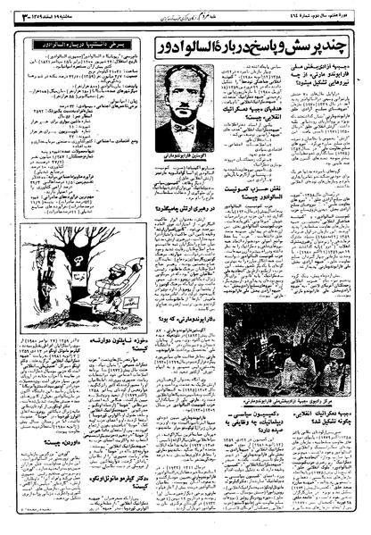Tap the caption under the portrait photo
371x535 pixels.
pyautogui.click(x=185, y=158)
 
